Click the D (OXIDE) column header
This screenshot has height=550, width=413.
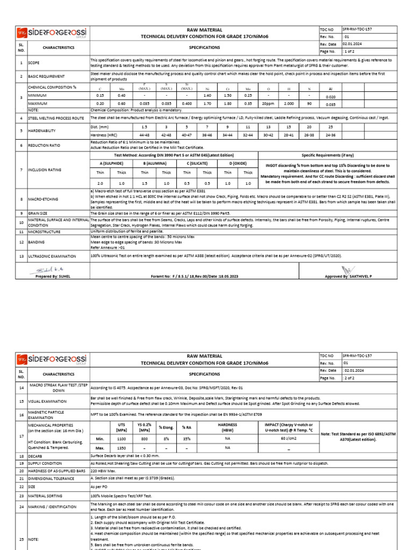pyautogui.click(x=238, y=163)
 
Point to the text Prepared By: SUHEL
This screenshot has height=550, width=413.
pyautogui.click(x=53, y=276)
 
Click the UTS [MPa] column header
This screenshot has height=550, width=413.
pyautogui.click(x=121, y=427)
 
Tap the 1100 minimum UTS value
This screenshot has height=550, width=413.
pyautogui.click(x=121, y=438)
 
